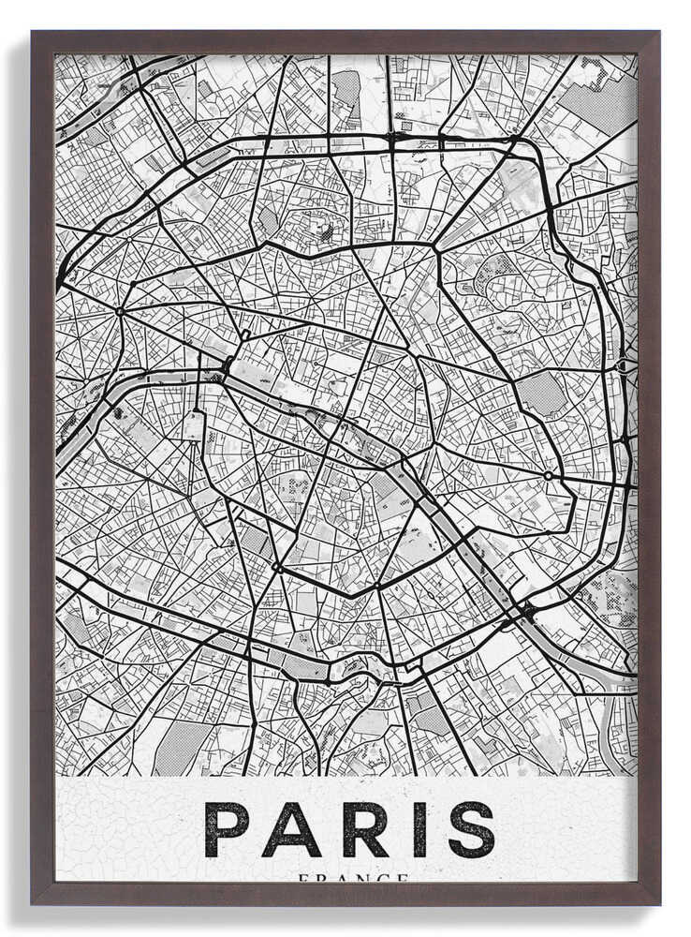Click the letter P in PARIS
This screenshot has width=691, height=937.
coord(227,829)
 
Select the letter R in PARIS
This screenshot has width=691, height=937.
coord(360,829)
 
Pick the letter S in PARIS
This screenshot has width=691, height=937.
coord(471,829)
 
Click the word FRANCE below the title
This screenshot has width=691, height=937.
coord(353,878)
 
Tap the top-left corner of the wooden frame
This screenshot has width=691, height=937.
coord(34,34)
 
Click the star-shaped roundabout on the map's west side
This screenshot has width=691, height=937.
coord(120,311)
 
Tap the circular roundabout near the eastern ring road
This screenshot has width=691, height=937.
coord(547,476)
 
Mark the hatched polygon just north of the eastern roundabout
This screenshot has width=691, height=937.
coord(542,394)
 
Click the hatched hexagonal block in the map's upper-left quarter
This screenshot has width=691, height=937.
coord(268,221)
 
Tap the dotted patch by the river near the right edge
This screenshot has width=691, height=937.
coord(613,595)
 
